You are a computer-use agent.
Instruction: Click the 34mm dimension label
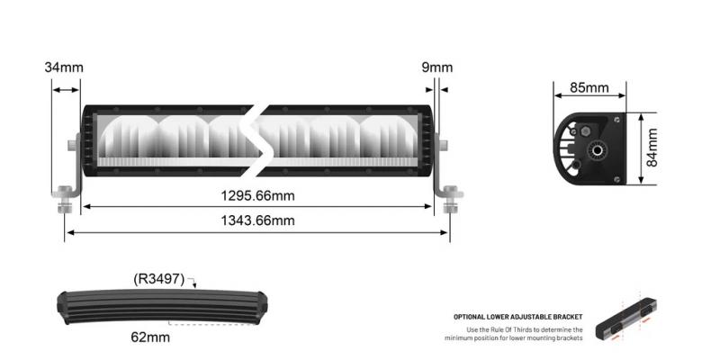[x=63, y=67]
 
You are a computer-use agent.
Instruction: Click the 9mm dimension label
[x=436, y=67]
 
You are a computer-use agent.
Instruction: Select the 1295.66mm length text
[x=258, y=195]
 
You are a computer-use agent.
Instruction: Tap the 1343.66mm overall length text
[x=258, y=220]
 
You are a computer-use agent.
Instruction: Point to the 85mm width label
[x=589, y=88]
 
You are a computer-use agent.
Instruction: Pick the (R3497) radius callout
[x=159, y=279]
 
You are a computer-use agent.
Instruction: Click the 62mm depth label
[x=151, y=337]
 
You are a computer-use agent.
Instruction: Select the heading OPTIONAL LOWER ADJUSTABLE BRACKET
[x=517, y=317]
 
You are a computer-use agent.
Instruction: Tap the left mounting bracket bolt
[x=64, y=194]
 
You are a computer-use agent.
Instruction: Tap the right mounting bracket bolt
[x=449, y=194]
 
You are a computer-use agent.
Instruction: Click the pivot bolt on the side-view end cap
[x=595, y=148]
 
